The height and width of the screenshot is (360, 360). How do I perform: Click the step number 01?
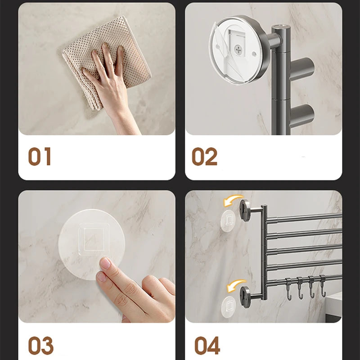39,156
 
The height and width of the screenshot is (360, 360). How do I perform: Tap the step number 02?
204,156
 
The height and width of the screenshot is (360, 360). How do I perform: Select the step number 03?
40,346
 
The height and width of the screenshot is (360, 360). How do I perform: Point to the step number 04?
207,346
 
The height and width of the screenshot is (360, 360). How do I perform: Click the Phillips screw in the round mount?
238,49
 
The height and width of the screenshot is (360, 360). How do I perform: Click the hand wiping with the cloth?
110,85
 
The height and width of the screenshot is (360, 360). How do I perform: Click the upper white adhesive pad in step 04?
228,220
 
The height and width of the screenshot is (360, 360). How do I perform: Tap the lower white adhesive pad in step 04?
228,306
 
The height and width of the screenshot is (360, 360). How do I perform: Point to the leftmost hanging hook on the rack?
288,289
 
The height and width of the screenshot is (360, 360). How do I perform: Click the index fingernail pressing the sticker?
105,263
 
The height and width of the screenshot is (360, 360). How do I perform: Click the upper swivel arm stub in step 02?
302,67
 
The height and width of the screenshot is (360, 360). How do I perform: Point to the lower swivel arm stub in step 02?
302,114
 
